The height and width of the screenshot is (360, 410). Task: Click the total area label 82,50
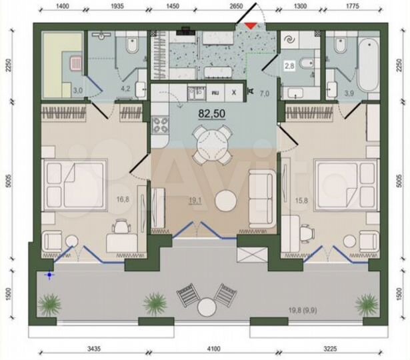click(211, 113)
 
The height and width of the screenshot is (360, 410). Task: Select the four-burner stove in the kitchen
click(161, 124)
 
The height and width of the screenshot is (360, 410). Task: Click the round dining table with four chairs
click(205, 142)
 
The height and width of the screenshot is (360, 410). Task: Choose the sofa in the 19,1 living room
click(261, 195)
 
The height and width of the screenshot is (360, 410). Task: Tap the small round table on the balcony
click(205, 308)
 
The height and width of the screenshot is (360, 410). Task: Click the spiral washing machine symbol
click(291, 41)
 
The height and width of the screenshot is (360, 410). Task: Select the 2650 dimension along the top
click(235, 5)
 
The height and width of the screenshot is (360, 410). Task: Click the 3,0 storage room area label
click(78, 89)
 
